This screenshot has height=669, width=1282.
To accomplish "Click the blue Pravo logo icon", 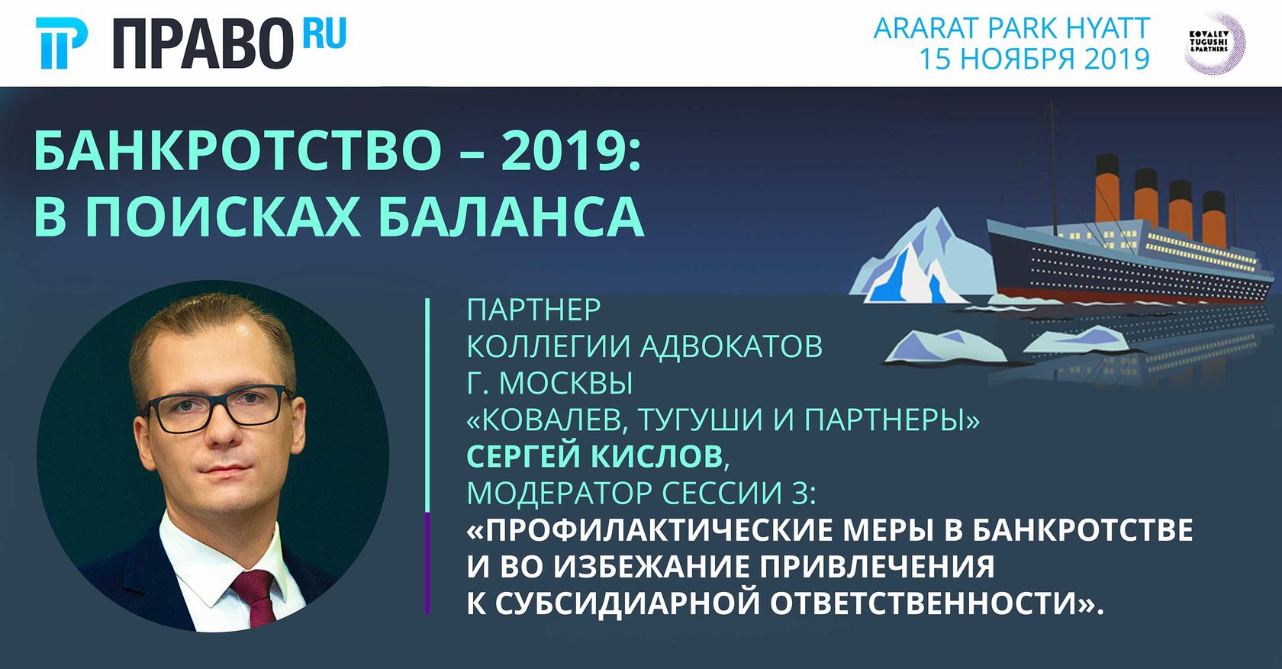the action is click(x=62, y=43).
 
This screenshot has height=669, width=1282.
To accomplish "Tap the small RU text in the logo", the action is click(x=324, y=34).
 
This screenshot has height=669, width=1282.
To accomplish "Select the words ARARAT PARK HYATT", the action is click(x=1011, y=28).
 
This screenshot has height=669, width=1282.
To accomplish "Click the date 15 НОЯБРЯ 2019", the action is click(x=1034, y=59).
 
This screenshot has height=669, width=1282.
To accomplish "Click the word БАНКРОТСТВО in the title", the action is click(x=237, y=150).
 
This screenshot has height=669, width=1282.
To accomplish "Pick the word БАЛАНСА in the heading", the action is click(x=511, y=217).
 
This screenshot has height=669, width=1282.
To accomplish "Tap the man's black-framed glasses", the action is click(x=218, y=408).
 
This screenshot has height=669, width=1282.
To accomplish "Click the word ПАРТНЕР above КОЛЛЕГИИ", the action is click(x=533, y=310).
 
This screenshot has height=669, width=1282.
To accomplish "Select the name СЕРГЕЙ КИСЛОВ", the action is click(x=594, y=455).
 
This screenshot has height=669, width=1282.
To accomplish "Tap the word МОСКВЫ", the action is click(x=566, y=384).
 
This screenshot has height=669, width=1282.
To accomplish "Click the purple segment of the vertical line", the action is click(x=427, y=563).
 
